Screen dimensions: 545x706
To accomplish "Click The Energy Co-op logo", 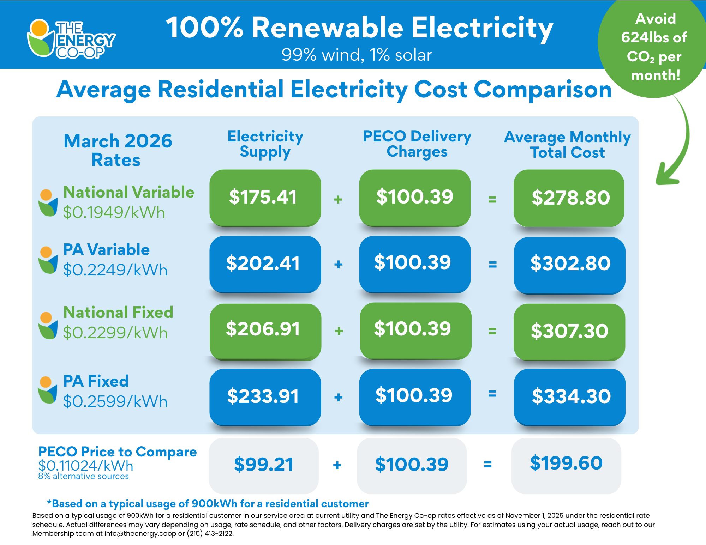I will pos(71,39).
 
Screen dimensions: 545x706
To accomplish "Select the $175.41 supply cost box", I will pos(265,197).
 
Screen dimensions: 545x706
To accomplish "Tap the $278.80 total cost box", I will pos(569,198).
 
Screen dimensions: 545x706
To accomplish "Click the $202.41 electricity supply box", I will pos(265,264).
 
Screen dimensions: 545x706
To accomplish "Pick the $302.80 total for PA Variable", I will pos(569,264).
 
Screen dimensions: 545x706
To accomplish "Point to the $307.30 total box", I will pos(569,331).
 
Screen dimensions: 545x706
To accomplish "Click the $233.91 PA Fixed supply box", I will pos(265,396).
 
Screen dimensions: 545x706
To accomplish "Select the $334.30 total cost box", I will pos(569,396).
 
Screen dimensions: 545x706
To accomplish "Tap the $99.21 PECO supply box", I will pos(264,465).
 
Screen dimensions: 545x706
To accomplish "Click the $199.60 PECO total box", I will pos(566,464).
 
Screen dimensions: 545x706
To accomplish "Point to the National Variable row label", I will pos(128,193).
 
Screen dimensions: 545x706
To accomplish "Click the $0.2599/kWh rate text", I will pos(115,402).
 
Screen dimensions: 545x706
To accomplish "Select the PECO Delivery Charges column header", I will pos(417,144).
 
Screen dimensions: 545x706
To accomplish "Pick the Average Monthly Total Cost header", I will pos(567,145).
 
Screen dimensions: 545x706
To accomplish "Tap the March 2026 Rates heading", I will pos(118,150).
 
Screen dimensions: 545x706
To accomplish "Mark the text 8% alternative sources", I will pos(83,477).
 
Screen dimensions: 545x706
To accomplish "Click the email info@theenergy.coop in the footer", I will pos(140,534).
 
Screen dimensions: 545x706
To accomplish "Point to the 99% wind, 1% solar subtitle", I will pos(357,55).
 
